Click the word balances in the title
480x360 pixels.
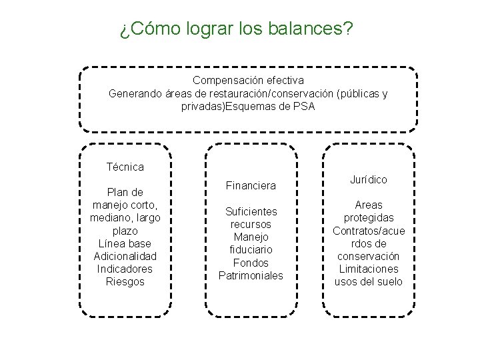tap(313, 29)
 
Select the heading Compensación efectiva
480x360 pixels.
tap(248, 81)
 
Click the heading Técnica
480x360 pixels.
tap(125, 167)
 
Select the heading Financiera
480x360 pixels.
tap(251, 184)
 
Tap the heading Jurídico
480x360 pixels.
tap(368, 179)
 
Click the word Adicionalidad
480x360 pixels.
tap(125, 256)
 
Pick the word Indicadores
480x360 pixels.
tap(125, 269)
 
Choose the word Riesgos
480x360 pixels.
tap(125, 281)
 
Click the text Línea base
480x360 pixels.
tap(125, 243)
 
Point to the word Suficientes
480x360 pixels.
tap(251, 211)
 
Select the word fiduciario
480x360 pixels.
tap(251, 249)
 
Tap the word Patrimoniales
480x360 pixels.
tap(251, 275)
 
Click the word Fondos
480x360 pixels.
tap(251, 263)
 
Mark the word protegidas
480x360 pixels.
tap(368, 218)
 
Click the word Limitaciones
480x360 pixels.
tap(368, 269)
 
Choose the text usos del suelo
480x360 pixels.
tap(368, 281)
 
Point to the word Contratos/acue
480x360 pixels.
tap(368, 231)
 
